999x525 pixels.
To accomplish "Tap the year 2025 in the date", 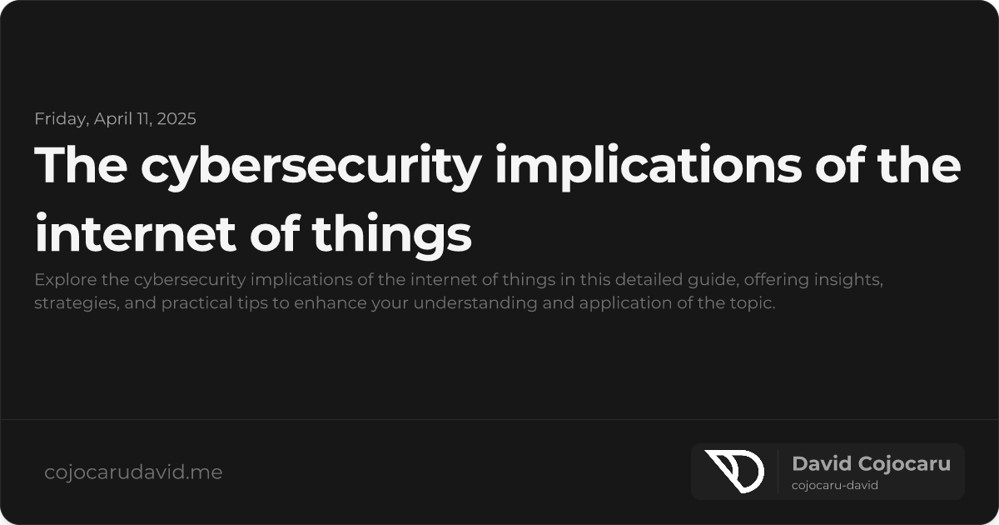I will point(175,118).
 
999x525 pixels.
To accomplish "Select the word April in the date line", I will point(112,118).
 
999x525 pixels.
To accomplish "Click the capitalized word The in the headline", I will point(80,165).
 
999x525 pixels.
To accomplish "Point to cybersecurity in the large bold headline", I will point(311,165).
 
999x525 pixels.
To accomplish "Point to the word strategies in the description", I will point(70,302).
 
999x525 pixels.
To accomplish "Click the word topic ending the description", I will point(753,302).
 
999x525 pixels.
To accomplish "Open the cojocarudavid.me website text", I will point(133,472).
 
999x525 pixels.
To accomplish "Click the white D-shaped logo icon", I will point(733,471).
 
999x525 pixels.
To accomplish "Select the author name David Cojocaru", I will point(871,464).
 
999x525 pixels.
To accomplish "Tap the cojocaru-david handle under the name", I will point(835,485).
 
